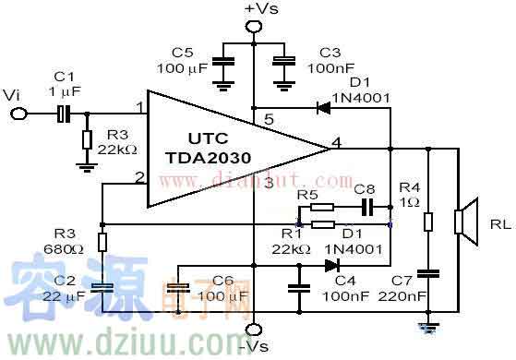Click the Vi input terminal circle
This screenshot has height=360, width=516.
pyautogui.click(x=17, y=114)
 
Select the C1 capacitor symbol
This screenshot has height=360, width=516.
pyautogui.click(x=64, y=114)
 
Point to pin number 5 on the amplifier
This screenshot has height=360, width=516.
pyautogui.click(x=269, y=118)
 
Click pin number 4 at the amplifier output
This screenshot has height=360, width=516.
pyautogui.click(x=337, y=140)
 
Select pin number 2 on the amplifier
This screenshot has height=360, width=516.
pyautogui.click(x=138, y=176)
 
